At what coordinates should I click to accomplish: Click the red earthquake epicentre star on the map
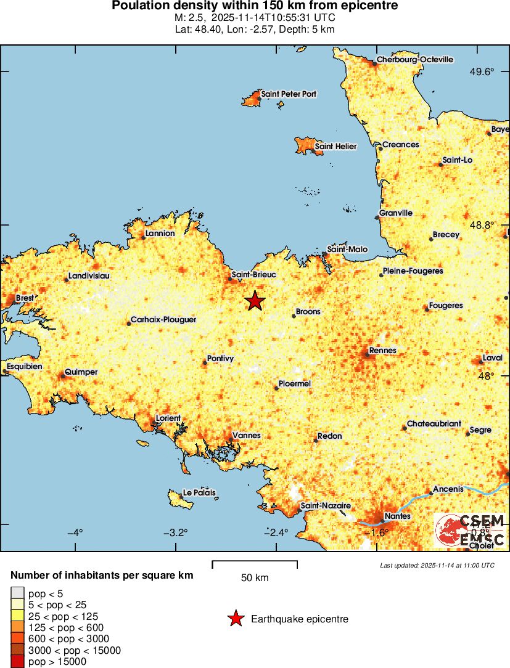coord(255,301)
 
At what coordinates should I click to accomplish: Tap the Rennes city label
coord(383,351)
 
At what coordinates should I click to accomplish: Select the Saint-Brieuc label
coord(254,274)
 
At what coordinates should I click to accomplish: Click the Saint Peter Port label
coord(289,94)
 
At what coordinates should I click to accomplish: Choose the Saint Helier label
coord(335,147)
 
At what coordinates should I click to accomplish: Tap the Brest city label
coord(25,298)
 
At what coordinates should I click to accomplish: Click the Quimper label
coord(81,372)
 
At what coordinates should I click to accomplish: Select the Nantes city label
coord(395,516)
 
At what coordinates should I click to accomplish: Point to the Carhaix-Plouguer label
coord(163,320)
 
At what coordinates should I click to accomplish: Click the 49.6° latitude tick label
coord(482,72)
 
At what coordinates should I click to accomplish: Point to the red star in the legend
coord(235,619)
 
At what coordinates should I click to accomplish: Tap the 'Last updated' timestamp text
coord(437,565)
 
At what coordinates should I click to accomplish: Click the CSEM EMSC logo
coord(470,530)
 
